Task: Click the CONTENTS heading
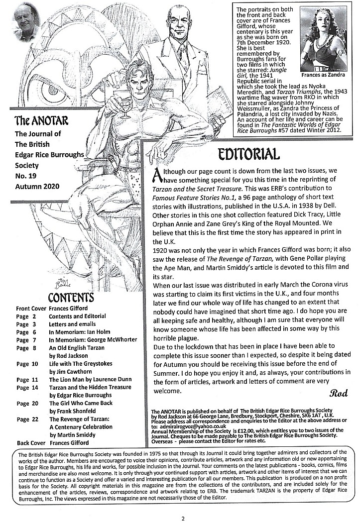pos(70,298)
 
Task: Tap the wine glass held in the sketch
pos(125,103)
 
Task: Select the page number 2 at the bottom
pos(183,519)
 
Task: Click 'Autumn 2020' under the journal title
pos(37,186)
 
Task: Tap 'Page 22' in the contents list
pos(26,419)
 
